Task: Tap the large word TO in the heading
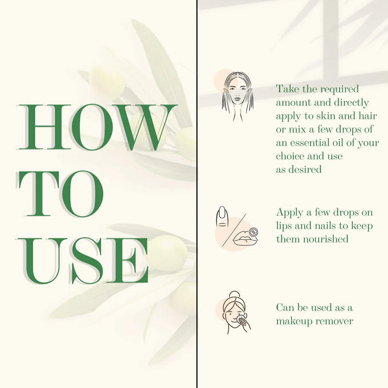[61, 194]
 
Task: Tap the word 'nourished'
[326, 239]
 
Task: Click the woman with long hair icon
[238, 97]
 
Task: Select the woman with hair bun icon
[236, 313]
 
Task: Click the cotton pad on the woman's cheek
[241, 319]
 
